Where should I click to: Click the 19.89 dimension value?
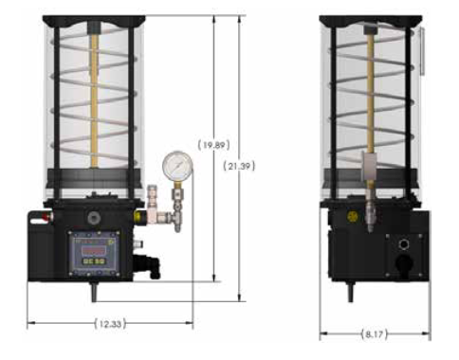point(213,145)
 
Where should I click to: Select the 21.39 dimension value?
point(239,166)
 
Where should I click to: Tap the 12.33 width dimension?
point(110,324)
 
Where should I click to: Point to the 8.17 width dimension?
point(375,334)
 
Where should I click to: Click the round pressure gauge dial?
point(177,167)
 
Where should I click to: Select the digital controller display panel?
point(95,253)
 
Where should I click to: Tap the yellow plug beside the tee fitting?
point(138,216)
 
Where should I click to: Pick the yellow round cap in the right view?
point(352,216)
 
